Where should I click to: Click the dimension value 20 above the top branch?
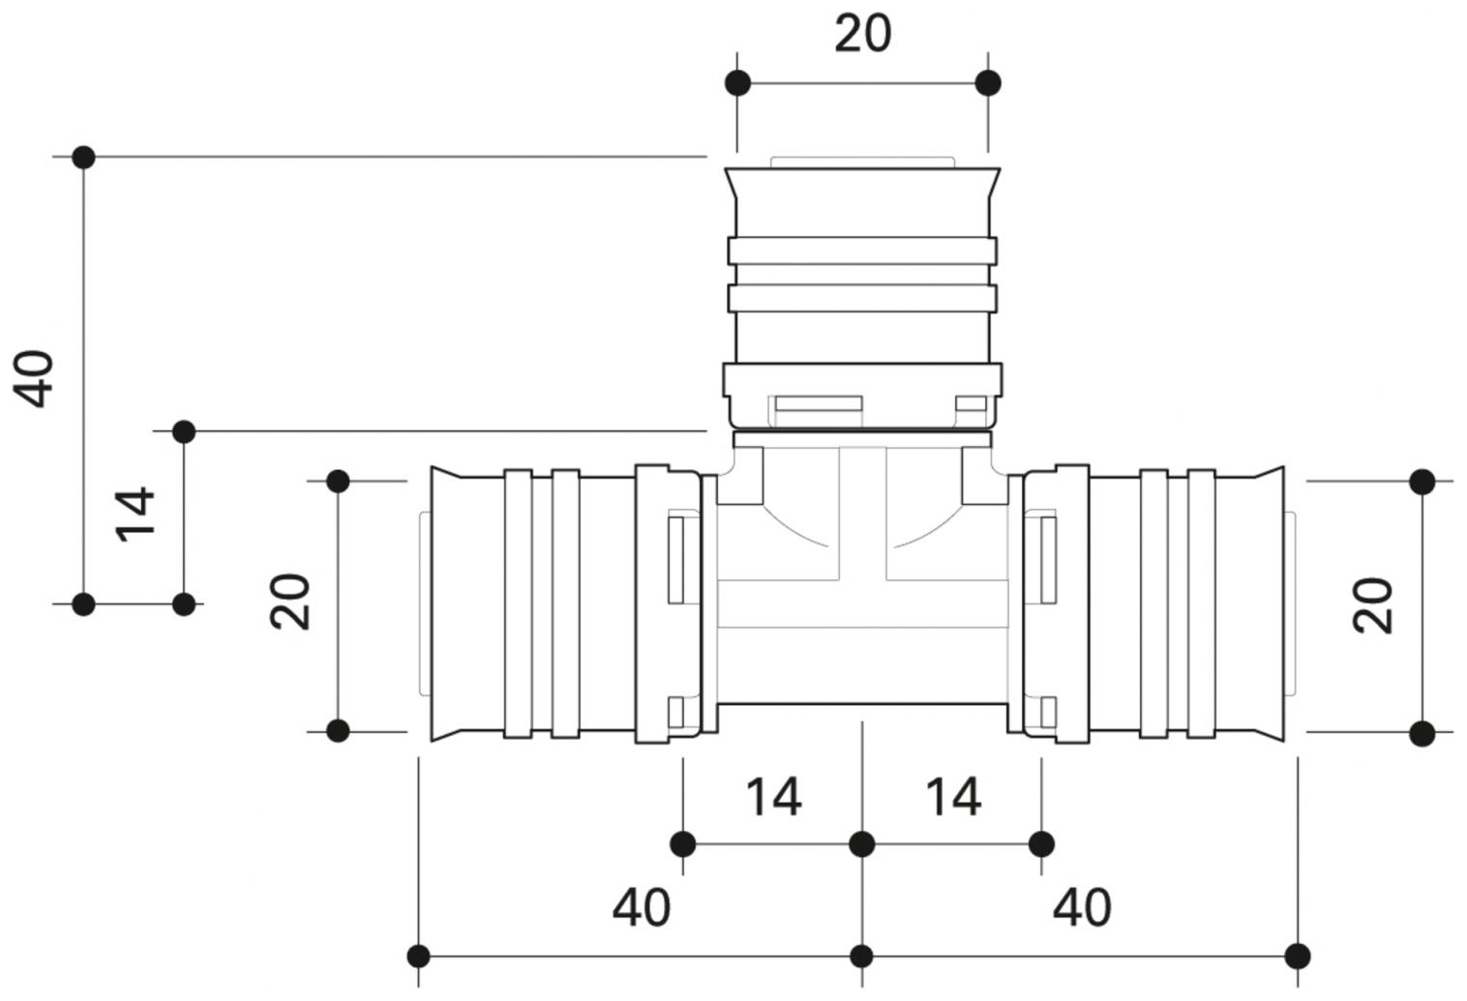[862, 35]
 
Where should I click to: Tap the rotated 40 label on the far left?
[34, 379]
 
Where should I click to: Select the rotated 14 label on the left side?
[135, 514]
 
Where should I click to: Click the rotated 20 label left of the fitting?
[290, 603]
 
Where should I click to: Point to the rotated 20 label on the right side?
[1373, 605]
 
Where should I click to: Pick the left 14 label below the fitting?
[772, 798]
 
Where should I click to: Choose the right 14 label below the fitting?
[953, 798]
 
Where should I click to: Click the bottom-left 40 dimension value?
[641, 908]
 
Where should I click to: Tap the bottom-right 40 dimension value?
[1082, 908]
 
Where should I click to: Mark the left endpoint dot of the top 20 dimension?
[737, 83]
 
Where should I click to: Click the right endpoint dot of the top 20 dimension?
[988, 83]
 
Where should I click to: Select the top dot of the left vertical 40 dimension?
[84, 157]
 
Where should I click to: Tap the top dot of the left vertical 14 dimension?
[184, 431]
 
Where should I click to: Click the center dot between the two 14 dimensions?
[862, 844]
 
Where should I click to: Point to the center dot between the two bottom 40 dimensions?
[862, 957]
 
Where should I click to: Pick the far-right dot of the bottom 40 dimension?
[1299, 957]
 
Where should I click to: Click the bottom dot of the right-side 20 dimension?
[1422, 733]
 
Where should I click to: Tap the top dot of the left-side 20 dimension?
[338, 481]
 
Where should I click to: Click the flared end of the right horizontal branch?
[1271, 604]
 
